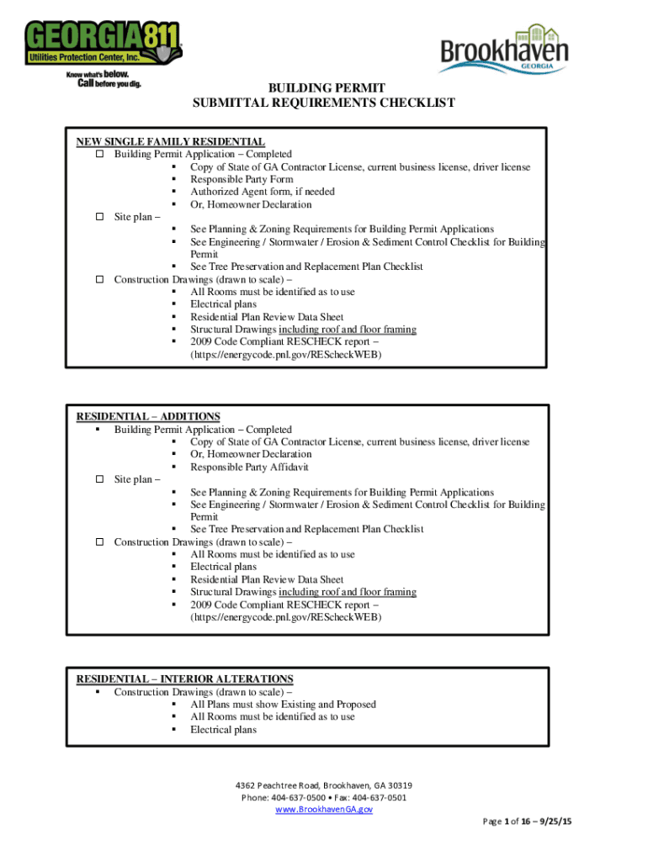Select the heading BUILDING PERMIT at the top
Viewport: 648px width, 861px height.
324,88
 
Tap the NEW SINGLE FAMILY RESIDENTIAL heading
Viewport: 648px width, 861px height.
171,142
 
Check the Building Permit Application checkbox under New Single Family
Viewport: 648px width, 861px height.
98,155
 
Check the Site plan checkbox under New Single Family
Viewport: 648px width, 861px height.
98,217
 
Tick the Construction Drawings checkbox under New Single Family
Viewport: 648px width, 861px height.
98,280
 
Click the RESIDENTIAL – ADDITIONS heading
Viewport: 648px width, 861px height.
148,416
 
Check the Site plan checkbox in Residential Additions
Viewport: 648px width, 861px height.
98,479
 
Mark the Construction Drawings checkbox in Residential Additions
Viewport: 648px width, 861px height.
98,542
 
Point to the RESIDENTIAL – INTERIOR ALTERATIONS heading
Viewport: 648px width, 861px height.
185,679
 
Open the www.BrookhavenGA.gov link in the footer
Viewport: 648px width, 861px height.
324,809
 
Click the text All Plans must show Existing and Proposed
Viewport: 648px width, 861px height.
283,704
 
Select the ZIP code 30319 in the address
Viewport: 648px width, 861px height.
396,785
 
